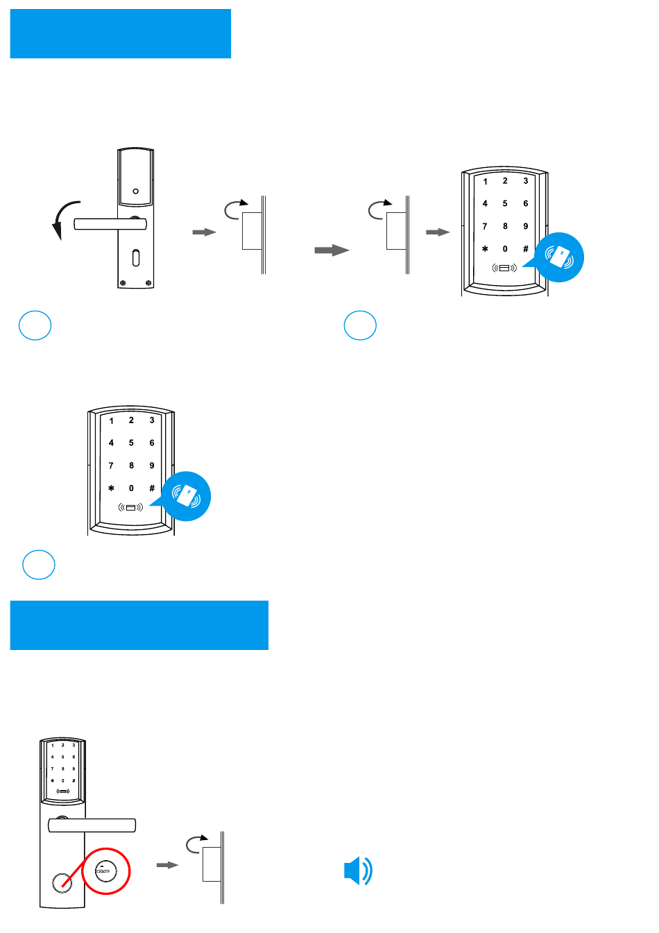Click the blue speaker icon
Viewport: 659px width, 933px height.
click(357, 871)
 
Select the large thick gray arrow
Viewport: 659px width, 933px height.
click(332, 250)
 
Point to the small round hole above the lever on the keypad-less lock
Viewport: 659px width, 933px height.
click(136, 191)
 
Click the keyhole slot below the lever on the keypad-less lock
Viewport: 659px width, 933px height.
click(136, 258)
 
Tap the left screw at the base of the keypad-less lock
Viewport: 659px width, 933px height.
click(123, 283)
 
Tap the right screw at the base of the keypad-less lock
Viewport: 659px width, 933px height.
click(148, 283)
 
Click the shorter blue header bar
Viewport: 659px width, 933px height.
click(121, 33)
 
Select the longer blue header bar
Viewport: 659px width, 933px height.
click(139, 625)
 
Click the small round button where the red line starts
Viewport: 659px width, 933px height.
click(62, 883)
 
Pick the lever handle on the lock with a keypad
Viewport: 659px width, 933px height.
click(92, 825)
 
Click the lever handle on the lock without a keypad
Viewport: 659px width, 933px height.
click(110, 224)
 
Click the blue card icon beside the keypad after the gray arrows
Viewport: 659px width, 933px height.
click(559, 257)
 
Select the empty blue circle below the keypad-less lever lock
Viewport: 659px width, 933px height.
click(35, 325)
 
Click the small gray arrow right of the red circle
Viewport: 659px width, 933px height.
click(167, 865)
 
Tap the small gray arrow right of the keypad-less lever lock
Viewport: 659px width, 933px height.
click(204, 232)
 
